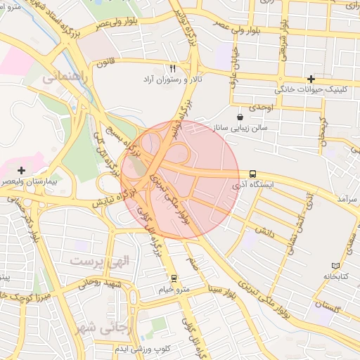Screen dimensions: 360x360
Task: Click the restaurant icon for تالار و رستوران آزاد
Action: click(172, 69)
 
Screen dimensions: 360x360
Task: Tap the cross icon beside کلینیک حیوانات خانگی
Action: click(310, 79)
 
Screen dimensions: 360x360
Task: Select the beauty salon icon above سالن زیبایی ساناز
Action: click(240, 116)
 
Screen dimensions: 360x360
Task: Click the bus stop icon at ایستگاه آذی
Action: click(252, 174)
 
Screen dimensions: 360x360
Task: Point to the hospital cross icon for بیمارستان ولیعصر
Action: click(22, 170)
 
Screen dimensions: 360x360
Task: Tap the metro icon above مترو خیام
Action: click(174, 278)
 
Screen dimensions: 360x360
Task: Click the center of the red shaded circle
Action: click(181, 179)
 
